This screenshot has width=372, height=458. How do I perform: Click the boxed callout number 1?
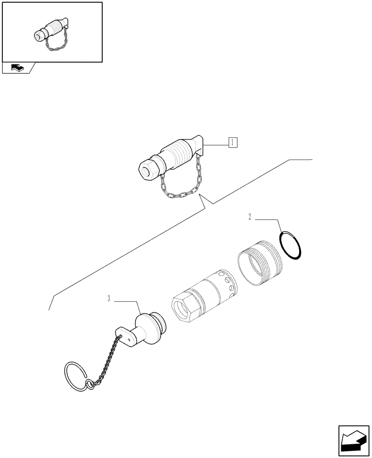coord(233,142)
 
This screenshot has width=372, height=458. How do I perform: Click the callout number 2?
coord(250,217)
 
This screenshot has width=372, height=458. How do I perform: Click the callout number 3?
coord(109,299)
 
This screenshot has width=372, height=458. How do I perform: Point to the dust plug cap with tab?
coord(147,329)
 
